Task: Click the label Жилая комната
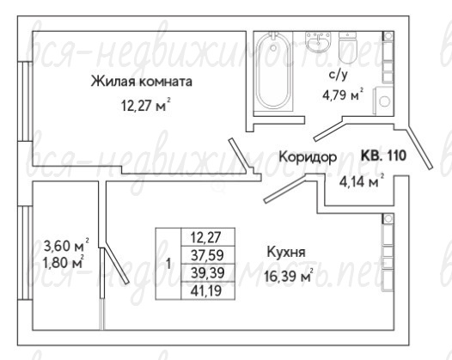(x=142, y=82)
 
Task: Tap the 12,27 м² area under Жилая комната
(x=145, y=106)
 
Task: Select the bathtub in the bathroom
(x=273, y=71)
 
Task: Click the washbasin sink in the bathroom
(x=318, y=42)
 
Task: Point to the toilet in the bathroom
(x=348, y=47)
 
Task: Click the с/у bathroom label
(x=339, y=75)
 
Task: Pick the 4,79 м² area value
(x=343, y=95)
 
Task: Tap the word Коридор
(x=308, y=157)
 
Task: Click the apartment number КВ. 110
(x=383, y=156)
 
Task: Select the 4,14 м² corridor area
(x=362, y=181)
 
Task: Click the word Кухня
(x=285, y=253)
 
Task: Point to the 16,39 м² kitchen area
(x=288, y=276)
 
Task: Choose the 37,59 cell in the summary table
(x=208, y=255)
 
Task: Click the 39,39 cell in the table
(x=208, y=272)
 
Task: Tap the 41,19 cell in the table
(x=208, y=290)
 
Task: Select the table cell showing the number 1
(x=168, y=264)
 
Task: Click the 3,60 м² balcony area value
(x=66, y=246)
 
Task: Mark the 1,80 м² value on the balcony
(x=64, y=262)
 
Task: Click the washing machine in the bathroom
(x=383, y=101)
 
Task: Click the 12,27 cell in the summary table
(x=208, y=237)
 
